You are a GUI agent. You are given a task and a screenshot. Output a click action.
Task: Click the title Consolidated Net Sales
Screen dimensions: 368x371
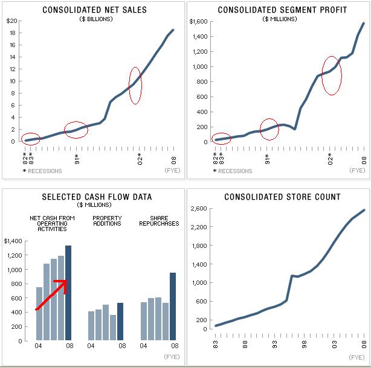tap(95, 10)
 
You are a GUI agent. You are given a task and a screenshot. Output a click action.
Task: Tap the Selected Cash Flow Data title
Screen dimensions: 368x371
tap(97, 197)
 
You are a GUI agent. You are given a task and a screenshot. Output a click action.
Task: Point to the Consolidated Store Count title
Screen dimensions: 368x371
tap(282, 197)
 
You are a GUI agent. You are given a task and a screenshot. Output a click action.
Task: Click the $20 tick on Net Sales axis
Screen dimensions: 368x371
tap(11, 21)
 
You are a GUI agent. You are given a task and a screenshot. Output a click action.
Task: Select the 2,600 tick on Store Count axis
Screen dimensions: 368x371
tap(198, 209)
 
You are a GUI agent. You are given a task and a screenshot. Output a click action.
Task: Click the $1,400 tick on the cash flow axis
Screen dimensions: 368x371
tap(14, 241)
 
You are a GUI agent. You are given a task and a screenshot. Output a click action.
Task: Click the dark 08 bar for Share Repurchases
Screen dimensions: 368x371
tap(172, 306)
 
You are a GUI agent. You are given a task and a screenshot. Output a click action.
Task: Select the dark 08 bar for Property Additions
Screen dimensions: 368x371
tap(120, 322)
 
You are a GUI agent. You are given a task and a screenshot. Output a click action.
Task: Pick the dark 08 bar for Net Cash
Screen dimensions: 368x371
tap(68, 293)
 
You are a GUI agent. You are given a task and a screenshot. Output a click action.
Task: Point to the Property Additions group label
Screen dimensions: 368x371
tap(106, 221)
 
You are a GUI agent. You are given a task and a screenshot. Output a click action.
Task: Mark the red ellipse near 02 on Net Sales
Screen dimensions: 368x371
tap(135, 85)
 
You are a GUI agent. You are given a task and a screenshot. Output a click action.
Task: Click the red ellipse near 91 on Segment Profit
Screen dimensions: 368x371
tap(269, 129)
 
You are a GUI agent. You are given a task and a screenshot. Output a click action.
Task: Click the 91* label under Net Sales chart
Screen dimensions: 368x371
tap(76, 160)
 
